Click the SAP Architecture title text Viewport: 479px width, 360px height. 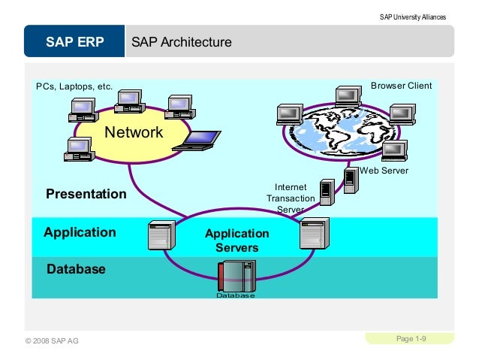tap(181, 42)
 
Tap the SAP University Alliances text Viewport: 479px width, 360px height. tap(412, 17)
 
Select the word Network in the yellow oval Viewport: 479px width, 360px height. tap(134, 132)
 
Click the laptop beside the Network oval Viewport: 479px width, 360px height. tap(197, 141)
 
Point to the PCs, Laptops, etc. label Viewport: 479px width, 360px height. tap(74, 86)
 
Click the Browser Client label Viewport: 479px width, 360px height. tap(401, 86)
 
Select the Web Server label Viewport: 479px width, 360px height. tap(384, 171)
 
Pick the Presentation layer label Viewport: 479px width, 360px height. tap(86, 194)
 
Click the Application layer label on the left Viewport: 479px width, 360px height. tap(80, 231)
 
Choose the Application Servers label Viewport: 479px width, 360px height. tap(236, 241)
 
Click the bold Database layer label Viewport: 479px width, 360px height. tap(76, 268)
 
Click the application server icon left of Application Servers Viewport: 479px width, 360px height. tap(161, 235)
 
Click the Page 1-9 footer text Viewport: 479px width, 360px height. tap(411, 340)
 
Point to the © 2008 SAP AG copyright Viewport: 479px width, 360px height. tap(52, 341)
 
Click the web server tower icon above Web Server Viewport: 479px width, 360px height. tap(350, 180)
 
